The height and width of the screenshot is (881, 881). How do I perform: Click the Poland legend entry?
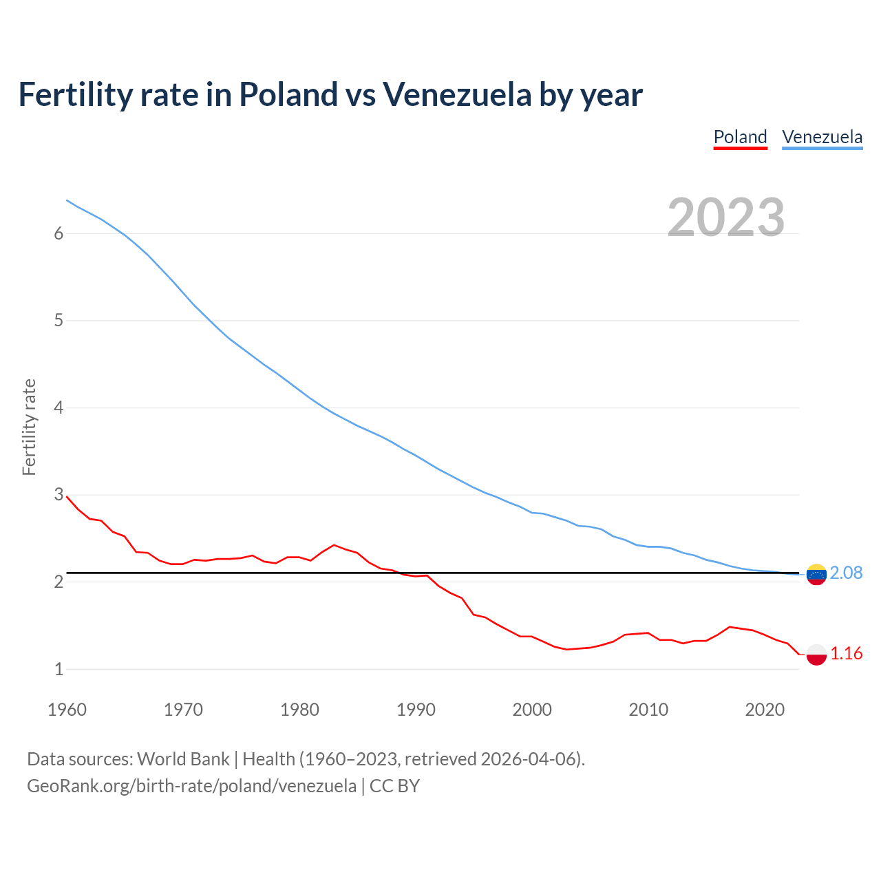740,137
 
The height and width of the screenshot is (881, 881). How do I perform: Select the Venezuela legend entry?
822,137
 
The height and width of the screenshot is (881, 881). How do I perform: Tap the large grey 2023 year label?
725,217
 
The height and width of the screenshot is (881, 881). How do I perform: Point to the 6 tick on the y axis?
59,234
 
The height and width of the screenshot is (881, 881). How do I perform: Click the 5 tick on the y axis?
59,321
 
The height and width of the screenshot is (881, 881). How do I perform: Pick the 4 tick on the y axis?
59,408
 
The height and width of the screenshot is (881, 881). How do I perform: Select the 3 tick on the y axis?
59,495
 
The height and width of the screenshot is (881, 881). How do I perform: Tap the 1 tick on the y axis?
59,669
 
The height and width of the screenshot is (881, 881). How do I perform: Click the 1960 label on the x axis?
67,710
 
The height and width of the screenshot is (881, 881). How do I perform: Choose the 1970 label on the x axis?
183,710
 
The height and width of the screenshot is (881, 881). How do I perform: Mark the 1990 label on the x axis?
416,710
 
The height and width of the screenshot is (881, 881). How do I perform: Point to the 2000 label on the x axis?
532,710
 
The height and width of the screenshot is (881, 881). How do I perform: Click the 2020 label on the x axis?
765,710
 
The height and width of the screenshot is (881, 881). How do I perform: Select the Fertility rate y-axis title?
29,427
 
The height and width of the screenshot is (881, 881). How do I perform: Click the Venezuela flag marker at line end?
816,574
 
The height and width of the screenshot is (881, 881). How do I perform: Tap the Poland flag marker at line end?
816,655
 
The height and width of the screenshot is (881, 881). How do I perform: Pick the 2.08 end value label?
846,573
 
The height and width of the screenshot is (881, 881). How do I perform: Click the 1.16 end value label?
846,654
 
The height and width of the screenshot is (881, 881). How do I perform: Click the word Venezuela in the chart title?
457,94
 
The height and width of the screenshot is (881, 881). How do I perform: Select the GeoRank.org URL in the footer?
191,786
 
